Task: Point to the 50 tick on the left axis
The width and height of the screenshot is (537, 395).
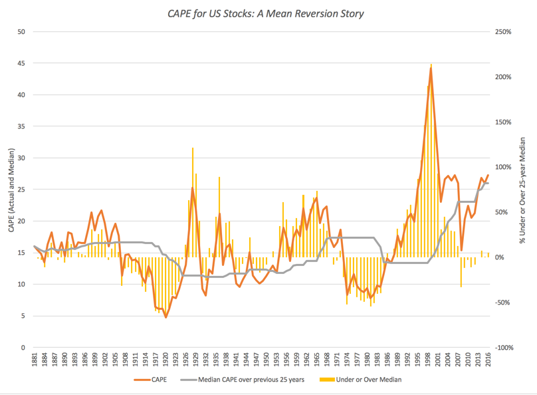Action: pyautogui.click(x=21, y=32)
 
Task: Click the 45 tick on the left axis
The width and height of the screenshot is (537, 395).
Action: pyautogui.click(x=21, y=63)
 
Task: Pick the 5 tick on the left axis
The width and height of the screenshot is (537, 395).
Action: pyautogui.click(x=23, y=316)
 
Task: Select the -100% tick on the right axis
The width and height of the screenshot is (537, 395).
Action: pyautogui.click(x=502, y=348)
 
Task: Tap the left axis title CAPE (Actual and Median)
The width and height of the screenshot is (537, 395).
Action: pyautogui.click(x=9, y=190)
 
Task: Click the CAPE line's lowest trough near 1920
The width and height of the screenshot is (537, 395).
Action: pyautogui.click(x=165, y=317)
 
